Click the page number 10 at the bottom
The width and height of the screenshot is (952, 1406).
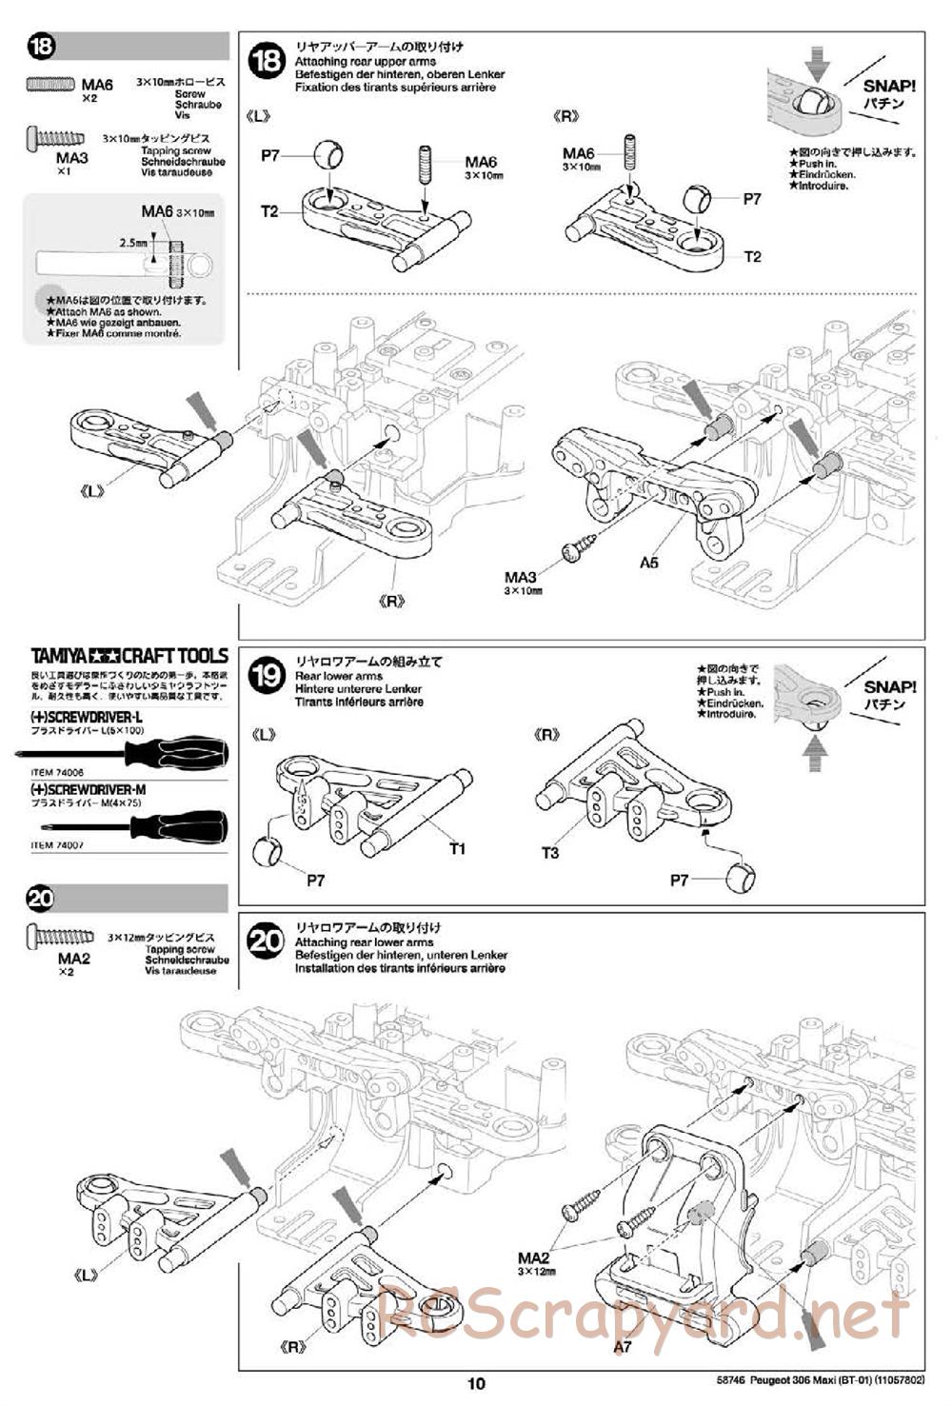click(x=477, y=1383)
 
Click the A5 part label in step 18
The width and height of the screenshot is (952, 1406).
click(x=648, y=563)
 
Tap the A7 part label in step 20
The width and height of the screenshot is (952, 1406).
click(x=622, y=1346)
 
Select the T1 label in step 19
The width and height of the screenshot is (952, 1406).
click(x=457, y=848)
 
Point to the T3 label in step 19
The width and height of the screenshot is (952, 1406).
click(x=549, y=853)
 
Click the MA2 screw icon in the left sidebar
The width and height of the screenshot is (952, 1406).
click(x=61, y=938)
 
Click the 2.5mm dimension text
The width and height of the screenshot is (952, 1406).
click(x=133, y=244)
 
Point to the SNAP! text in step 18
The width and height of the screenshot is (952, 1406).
click(x=889, y=86)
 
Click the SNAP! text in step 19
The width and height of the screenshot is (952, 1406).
click(x=889, y=686)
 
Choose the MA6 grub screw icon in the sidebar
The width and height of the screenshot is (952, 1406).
click(x=50, y=85)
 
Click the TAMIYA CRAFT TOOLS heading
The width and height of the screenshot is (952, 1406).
click(x=129, y=656)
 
